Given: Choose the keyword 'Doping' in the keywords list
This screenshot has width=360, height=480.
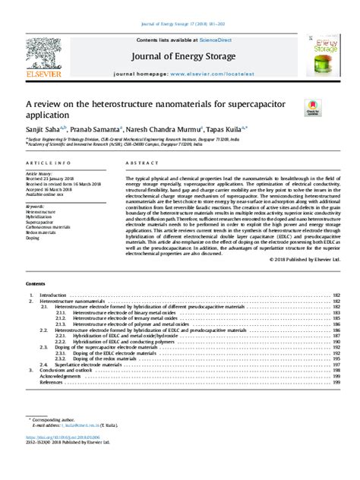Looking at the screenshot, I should pyautogui.click(x=33, y=237).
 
